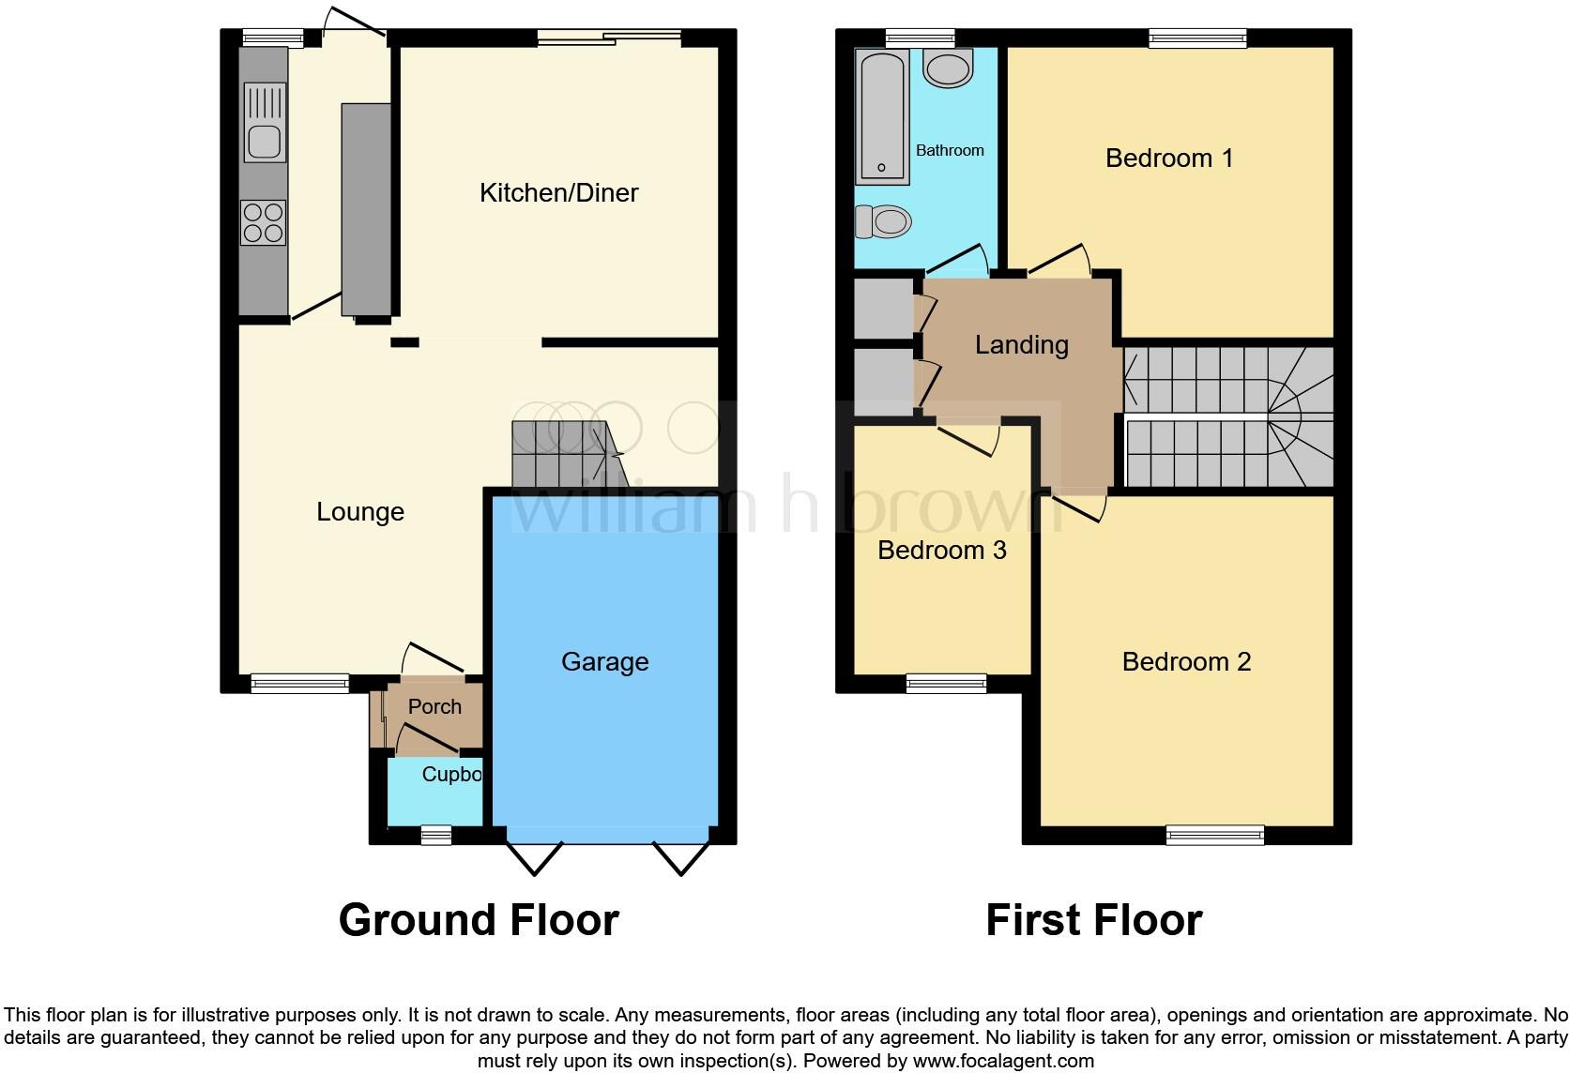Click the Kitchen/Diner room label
(558, 193)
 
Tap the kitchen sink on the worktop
(264, 123)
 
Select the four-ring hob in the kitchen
(264, 222)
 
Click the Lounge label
(360, 512)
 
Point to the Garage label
(604, 662)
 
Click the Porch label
(434, 707)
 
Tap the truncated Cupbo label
(451, 775)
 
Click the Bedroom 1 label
(1169, 159)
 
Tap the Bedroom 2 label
(1186, 662)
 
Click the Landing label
(1021, 345)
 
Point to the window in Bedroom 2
(1214, 834)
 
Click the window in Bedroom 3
(946, 683)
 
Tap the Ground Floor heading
(479, 920)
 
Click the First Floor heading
(1093, 920)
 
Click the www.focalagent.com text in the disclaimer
(1003, 1062)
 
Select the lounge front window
(299, 683)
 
